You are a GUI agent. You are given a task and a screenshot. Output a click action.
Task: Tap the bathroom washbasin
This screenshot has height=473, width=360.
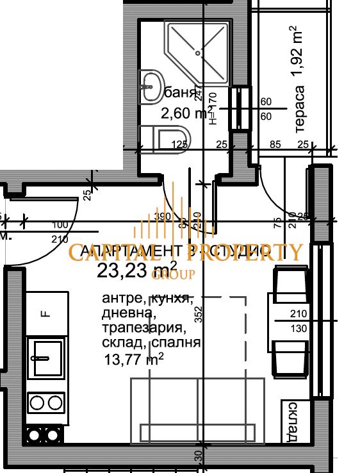point(151,86)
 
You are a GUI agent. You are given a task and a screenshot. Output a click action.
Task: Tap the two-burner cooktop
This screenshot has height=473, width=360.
point(45,402)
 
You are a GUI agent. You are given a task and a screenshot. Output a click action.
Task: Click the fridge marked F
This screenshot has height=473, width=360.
point(45,314)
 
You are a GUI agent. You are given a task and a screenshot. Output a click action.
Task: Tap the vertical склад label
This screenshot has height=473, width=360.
point(292,422)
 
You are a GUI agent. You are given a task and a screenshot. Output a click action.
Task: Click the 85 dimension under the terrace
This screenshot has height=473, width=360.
point(276,144)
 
